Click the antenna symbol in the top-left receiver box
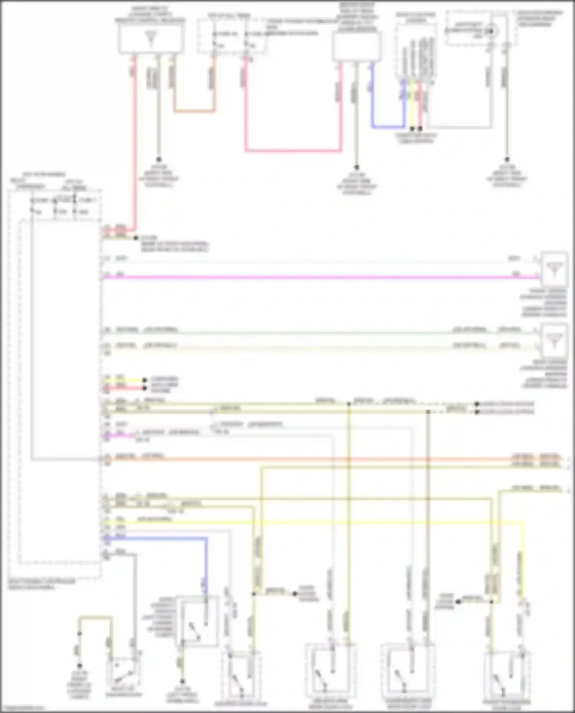pos(150,38)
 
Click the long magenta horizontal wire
pos(307,277)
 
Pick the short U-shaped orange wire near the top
pos(194,111)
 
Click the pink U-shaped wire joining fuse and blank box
pos(293,150)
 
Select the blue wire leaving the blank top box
pos(387,126)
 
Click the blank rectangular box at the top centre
pos(356,46)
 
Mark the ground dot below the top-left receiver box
pos(158,159)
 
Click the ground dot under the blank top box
pos(356,167)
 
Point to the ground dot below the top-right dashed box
pos(506,159)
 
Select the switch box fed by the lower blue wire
pos(197,621)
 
